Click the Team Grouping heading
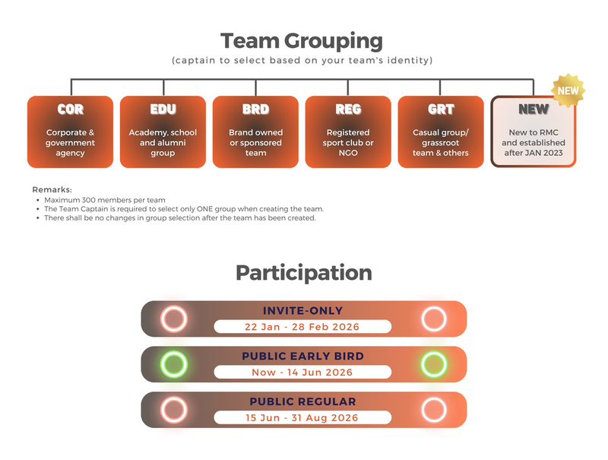(x=302, y=40)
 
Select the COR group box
(x=70, y=132)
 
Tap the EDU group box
(x=163, y=132)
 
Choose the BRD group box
(x=255, y=132)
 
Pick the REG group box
(x=348, y=132)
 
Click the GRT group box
(x=441, y=132)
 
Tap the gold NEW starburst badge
(x=568, y=90)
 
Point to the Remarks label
(x=52, y=189)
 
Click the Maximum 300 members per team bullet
(x=104, y=199)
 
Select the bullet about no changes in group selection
(x=179, y=218)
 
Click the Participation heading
(x=303, y=273)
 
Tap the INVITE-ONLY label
(x=302, y=310)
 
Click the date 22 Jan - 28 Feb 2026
(x=302, y=327)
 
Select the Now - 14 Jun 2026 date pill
(x=302, y=373)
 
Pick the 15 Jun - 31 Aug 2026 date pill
(x=302, y=417)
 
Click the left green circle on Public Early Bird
(x=173, y=364)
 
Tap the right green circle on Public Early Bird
(x=433, y=364)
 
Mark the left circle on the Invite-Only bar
(x=173, y=319)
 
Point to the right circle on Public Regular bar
(x=433, y=410)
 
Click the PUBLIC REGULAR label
(x=302, y=401)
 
